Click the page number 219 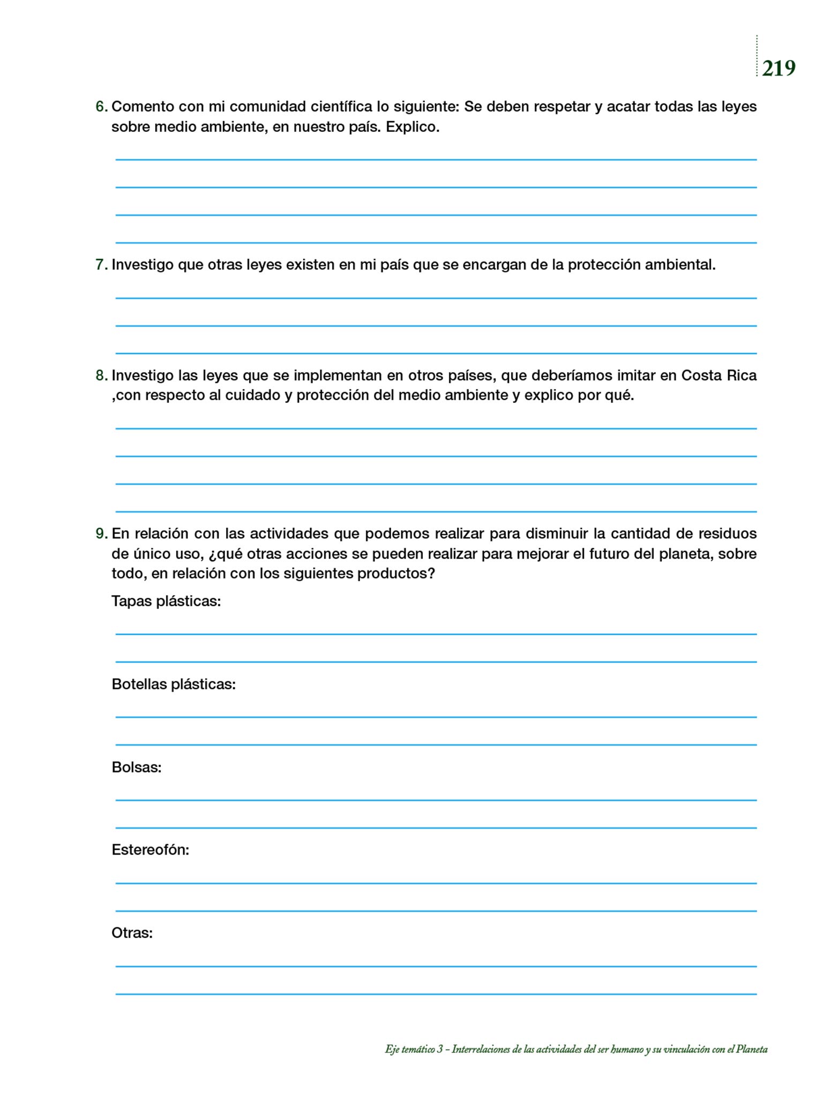coord(779,69)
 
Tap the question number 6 coord(101,107)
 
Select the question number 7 coord(101,265)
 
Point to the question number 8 coord(101,376)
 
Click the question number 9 coord(101,534)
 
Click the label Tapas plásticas coord(166,602)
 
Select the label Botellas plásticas coord(174,685)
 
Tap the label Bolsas coord(137,768)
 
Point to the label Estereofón coord(150,850)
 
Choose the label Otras coord(132,933)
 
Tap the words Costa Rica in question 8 coord(719,376)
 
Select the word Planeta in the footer coord(752,1050)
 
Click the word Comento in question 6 coord(143,107)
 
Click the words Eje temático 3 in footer coord(414,1050)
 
